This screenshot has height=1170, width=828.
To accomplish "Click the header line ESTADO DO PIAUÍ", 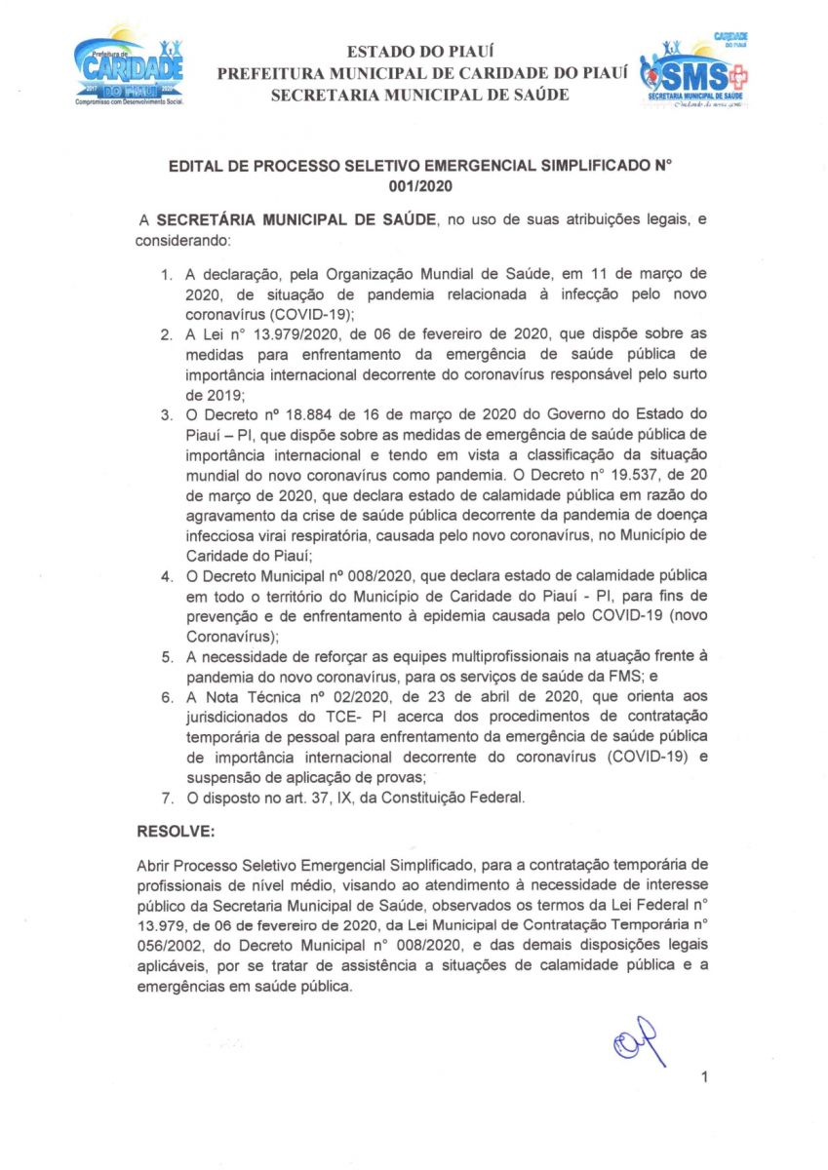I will [x=414, y=52].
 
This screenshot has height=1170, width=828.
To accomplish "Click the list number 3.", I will [x=167, y=416].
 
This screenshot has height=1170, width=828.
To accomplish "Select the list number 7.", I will [x=167, y=799].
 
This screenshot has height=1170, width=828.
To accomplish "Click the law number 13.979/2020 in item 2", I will [x=279, y=334].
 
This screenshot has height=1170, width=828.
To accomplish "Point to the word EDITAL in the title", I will [x=195, y=165].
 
